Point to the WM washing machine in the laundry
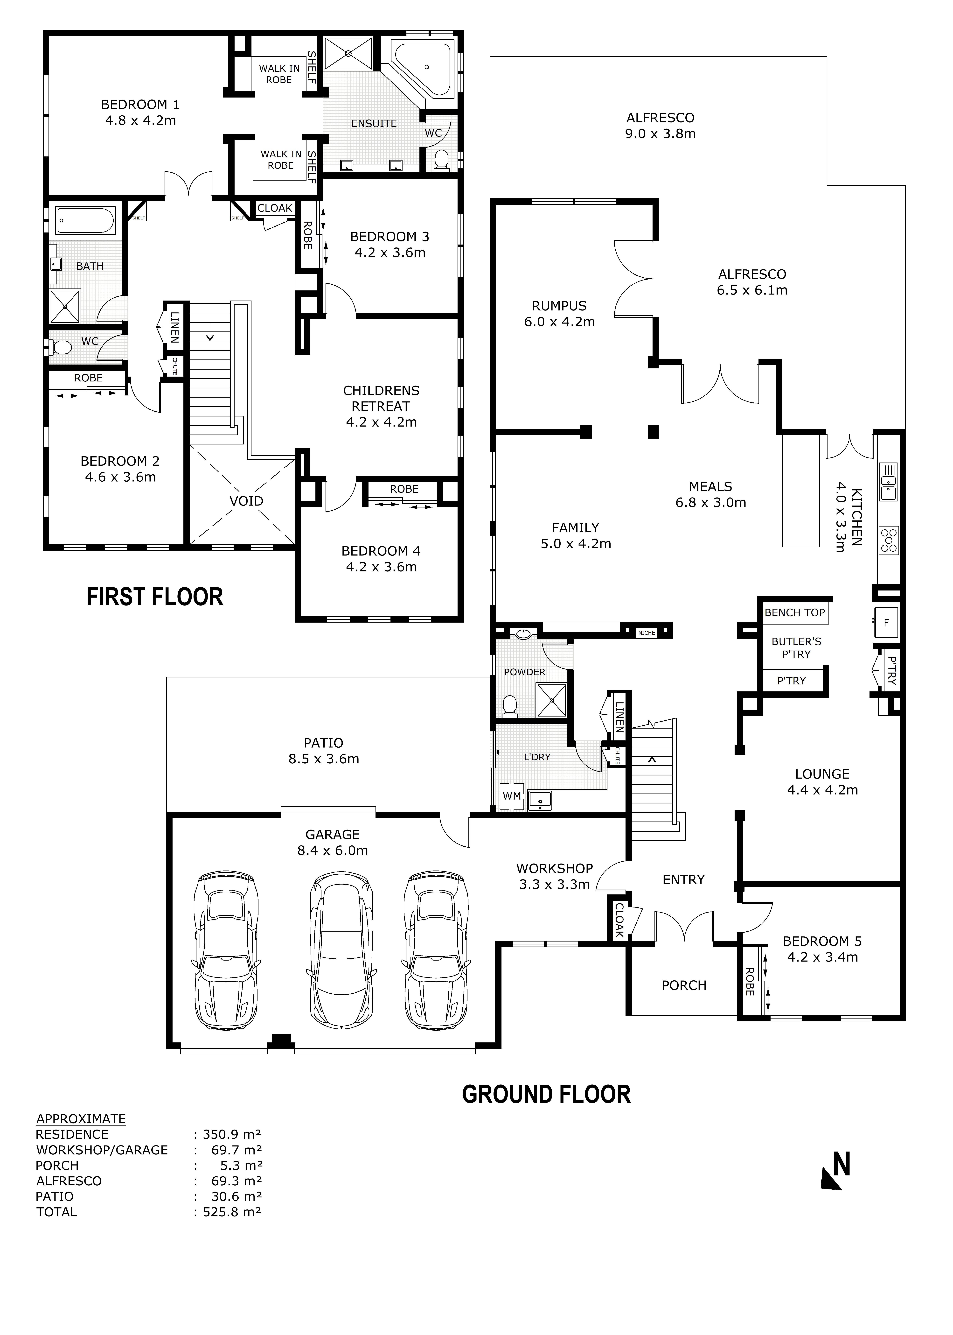click(x=512, y=796)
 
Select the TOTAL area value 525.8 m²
click(x=232, y=1212)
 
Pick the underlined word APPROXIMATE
click(x=81, y=1118)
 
